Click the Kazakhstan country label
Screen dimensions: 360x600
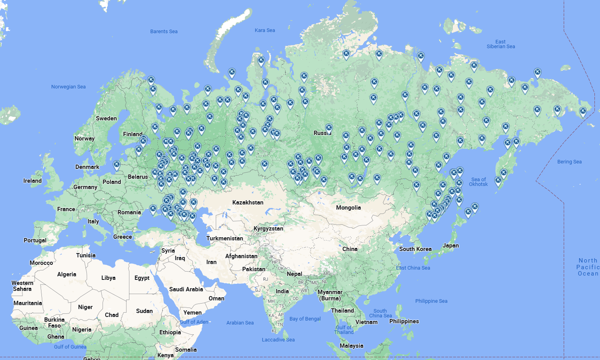(248, 202)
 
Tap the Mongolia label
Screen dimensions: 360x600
(348, 208)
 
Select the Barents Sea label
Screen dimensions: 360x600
(164, 32)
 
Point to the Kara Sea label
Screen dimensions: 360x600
(265, 30)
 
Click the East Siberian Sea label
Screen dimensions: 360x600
(501, 44)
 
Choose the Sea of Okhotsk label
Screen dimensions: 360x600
(479, 182)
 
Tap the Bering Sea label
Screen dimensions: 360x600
(569, 162)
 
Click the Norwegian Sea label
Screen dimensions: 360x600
(68, 87)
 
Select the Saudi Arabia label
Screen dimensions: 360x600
(186, 289)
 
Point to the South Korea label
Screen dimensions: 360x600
(415, 249)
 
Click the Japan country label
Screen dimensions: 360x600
(450, 246)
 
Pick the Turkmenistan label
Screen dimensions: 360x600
(224, 238)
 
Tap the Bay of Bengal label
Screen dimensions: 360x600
(305, 319)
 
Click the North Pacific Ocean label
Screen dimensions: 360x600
(588, 267)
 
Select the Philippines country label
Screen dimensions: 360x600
(404, 321)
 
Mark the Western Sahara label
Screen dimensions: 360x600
(22, 286)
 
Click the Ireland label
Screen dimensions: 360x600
(32, 181)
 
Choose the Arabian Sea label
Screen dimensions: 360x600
(240, 323)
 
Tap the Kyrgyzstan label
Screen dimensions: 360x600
(268, 229)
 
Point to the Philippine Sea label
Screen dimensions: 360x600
(431, 301)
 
